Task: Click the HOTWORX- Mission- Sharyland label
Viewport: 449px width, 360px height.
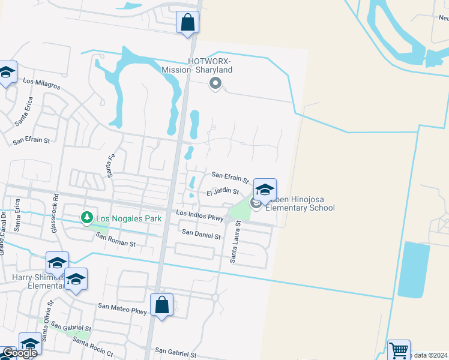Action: [197, 65]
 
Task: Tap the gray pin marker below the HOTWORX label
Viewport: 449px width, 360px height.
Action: [215, 84]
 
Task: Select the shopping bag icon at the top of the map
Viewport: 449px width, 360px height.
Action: [187, 23]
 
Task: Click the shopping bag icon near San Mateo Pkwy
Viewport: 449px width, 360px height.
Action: [161, 305]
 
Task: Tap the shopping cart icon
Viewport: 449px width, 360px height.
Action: [399, 350]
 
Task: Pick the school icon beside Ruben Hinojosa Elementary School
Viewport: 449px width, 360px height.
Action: [264, 190]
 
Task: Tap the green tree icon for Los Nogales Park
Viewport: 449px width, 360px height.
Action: [87, 217]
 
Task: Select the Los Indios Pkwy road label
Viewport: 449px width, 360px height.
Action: [199, 216]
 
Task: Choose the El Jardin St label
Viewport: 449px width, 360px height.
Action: [223, 192]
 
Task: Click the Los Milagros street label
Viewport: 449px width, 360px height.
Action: [41, 83]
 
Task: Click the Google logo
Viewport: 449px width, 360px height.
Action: [19, 353]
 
